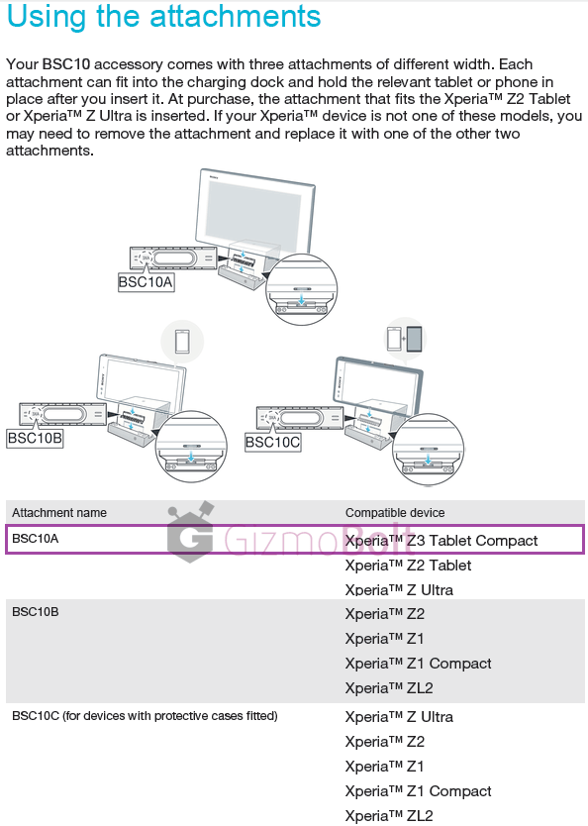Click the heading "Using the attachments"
tap(163, 16)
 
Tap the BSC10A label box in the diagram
tap(146, 282)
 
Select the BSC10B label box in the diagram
tap(35, 438)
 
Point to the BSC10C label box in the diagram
tap(272, 442)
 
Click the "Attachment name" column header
tap(59, 513)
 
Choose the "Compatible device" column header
tap(395, 513)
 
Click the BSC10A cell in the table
tap(36, 539)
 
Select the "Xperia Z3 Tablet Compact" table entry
tap(441, 541)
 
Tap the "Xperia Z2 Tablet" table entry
tap(408, 566)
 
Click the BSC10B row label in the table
tap(36, 612)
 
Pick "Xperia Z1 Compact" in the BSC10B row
tap(418, 664)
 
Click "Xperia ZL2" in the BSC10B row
tap(389, 688)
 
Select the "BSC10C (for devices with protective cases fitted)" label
tap(145, 716)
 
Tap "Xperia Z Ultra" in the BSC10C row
tap(399, 717)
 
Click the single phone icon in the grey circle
tap(182, 342)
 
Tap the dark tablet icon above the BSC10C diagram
tap(415, 339)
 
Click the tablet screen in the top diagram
tap(254, 213)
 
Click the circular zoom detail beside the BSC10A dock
tap(301, 288)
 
